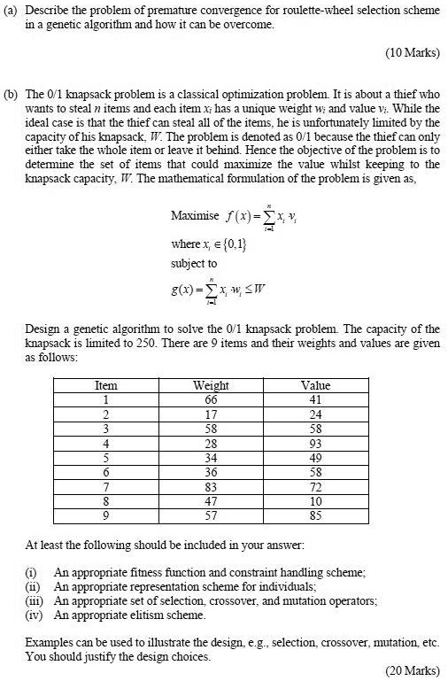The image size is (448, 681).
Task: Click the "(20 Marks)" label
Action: (x=412, y=669)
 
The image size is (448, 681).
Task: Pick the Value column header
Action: (x=315, y=386)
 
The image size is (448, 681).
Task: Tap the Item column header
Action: (x=105, y=386)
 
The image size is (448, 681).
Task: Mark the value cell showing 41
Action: (x=315, y=399)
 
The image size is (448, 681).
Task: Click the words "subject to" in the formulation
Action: (x=191, y=264)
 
